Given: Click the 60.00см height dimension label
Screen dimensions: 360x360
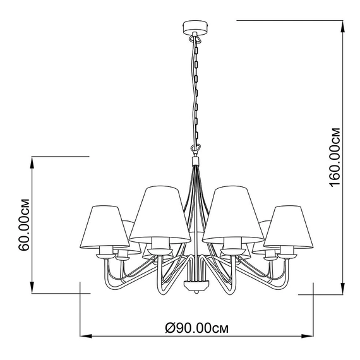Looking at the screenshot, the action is pos(25,225).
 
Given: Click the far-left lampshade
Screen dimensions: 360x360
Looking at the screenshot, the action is pos(104,227).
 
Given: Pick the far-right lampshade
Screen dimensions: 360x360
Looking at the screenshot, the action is pos(289,227).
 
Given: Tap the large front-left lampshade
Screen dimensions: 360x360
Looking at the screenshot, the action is pos(160,215).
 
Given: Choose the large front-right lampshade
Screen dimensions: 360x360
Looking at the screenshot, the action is pos(233,215).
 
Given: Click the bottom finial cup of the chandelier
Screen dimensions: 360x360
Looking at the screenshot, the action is pos(196,285).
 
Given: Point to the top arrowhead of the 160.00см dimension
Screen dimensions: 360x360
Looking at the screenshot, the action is pos(343,27).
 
